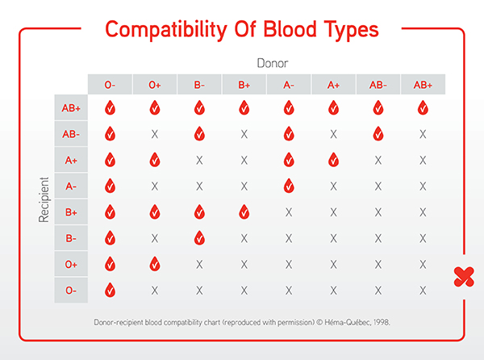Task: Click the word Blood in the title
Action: point(290,29)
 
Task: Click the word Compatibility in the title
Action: point(166,31)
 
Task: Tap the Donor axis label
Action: point(273,63)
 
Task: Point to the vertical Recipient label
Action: point(44,199)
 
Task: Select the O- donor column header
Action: point(110,84)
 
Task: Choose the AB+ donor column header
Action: point(423,84)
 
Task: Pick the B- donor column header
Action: point(199,84)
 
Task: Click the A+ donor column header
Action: point(333,84)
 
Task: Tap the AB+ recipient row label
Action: point(71,107)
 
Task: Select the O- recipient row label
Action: point(71,291)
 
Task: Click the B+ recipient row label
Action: point(71,212)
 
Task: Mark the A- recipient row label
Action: point(71,186)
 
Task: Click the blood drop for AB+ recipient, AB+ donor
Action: point(423,107)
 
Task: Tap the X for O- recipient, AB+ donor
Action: point(423,291)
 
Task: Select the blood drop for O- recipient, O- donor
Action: point(110,291)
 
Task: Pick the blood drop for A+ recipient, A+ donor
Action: point(333,160)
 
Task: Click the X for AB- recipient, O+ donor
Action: point(155,134)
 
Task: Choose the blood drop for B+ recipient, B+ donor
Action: point(244,212)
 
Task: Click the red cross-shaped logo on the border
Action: point(464,277)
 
